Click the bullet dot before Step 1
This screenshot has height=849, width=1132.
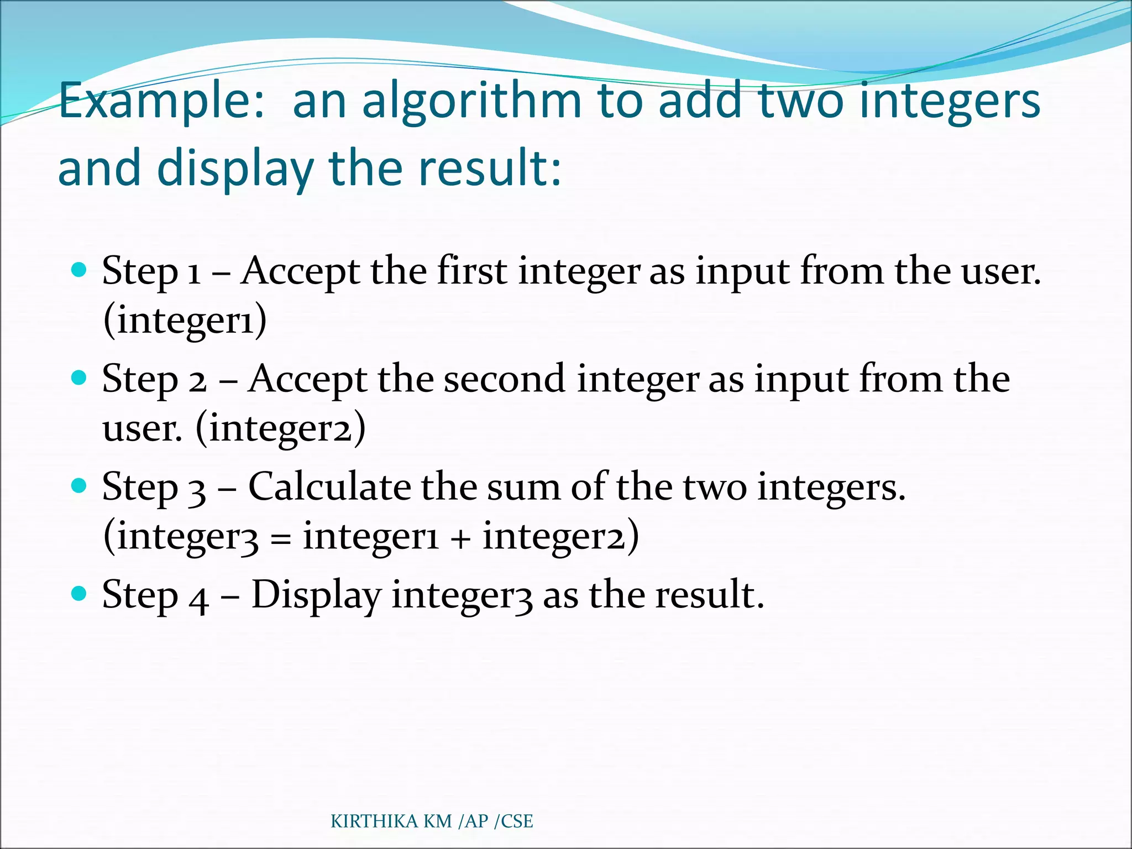pos(80,270)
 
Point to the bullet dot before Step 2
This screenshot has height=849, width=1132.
pos(80,378)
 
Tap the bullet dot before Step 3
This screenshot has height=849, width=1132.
pos(80,486)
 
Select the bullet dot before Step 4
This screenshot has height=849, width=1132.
pos(80,594)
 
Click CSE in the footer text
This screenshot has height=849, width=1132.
pos(516,821)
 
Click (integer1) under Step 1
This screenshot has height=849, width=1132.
pos(185,321)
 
